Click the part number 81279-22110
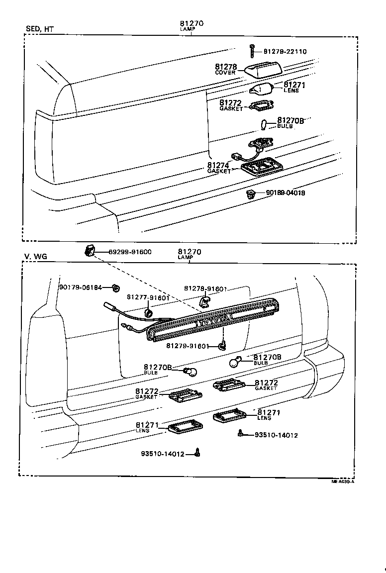coord(285,52)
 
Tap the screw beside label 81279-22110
coord(253,50)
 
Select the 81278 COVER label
coord(225,69)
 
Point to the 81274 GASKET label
coord(219,168)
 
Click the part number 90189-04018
coord(285,193)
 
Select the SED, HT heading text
coord(39,29)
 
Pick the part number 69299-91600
coord(130,252)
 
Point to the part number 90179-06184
coord(80,287)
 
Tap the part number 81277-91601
coord(148,297)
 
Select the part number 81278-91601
coord(205,288)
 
